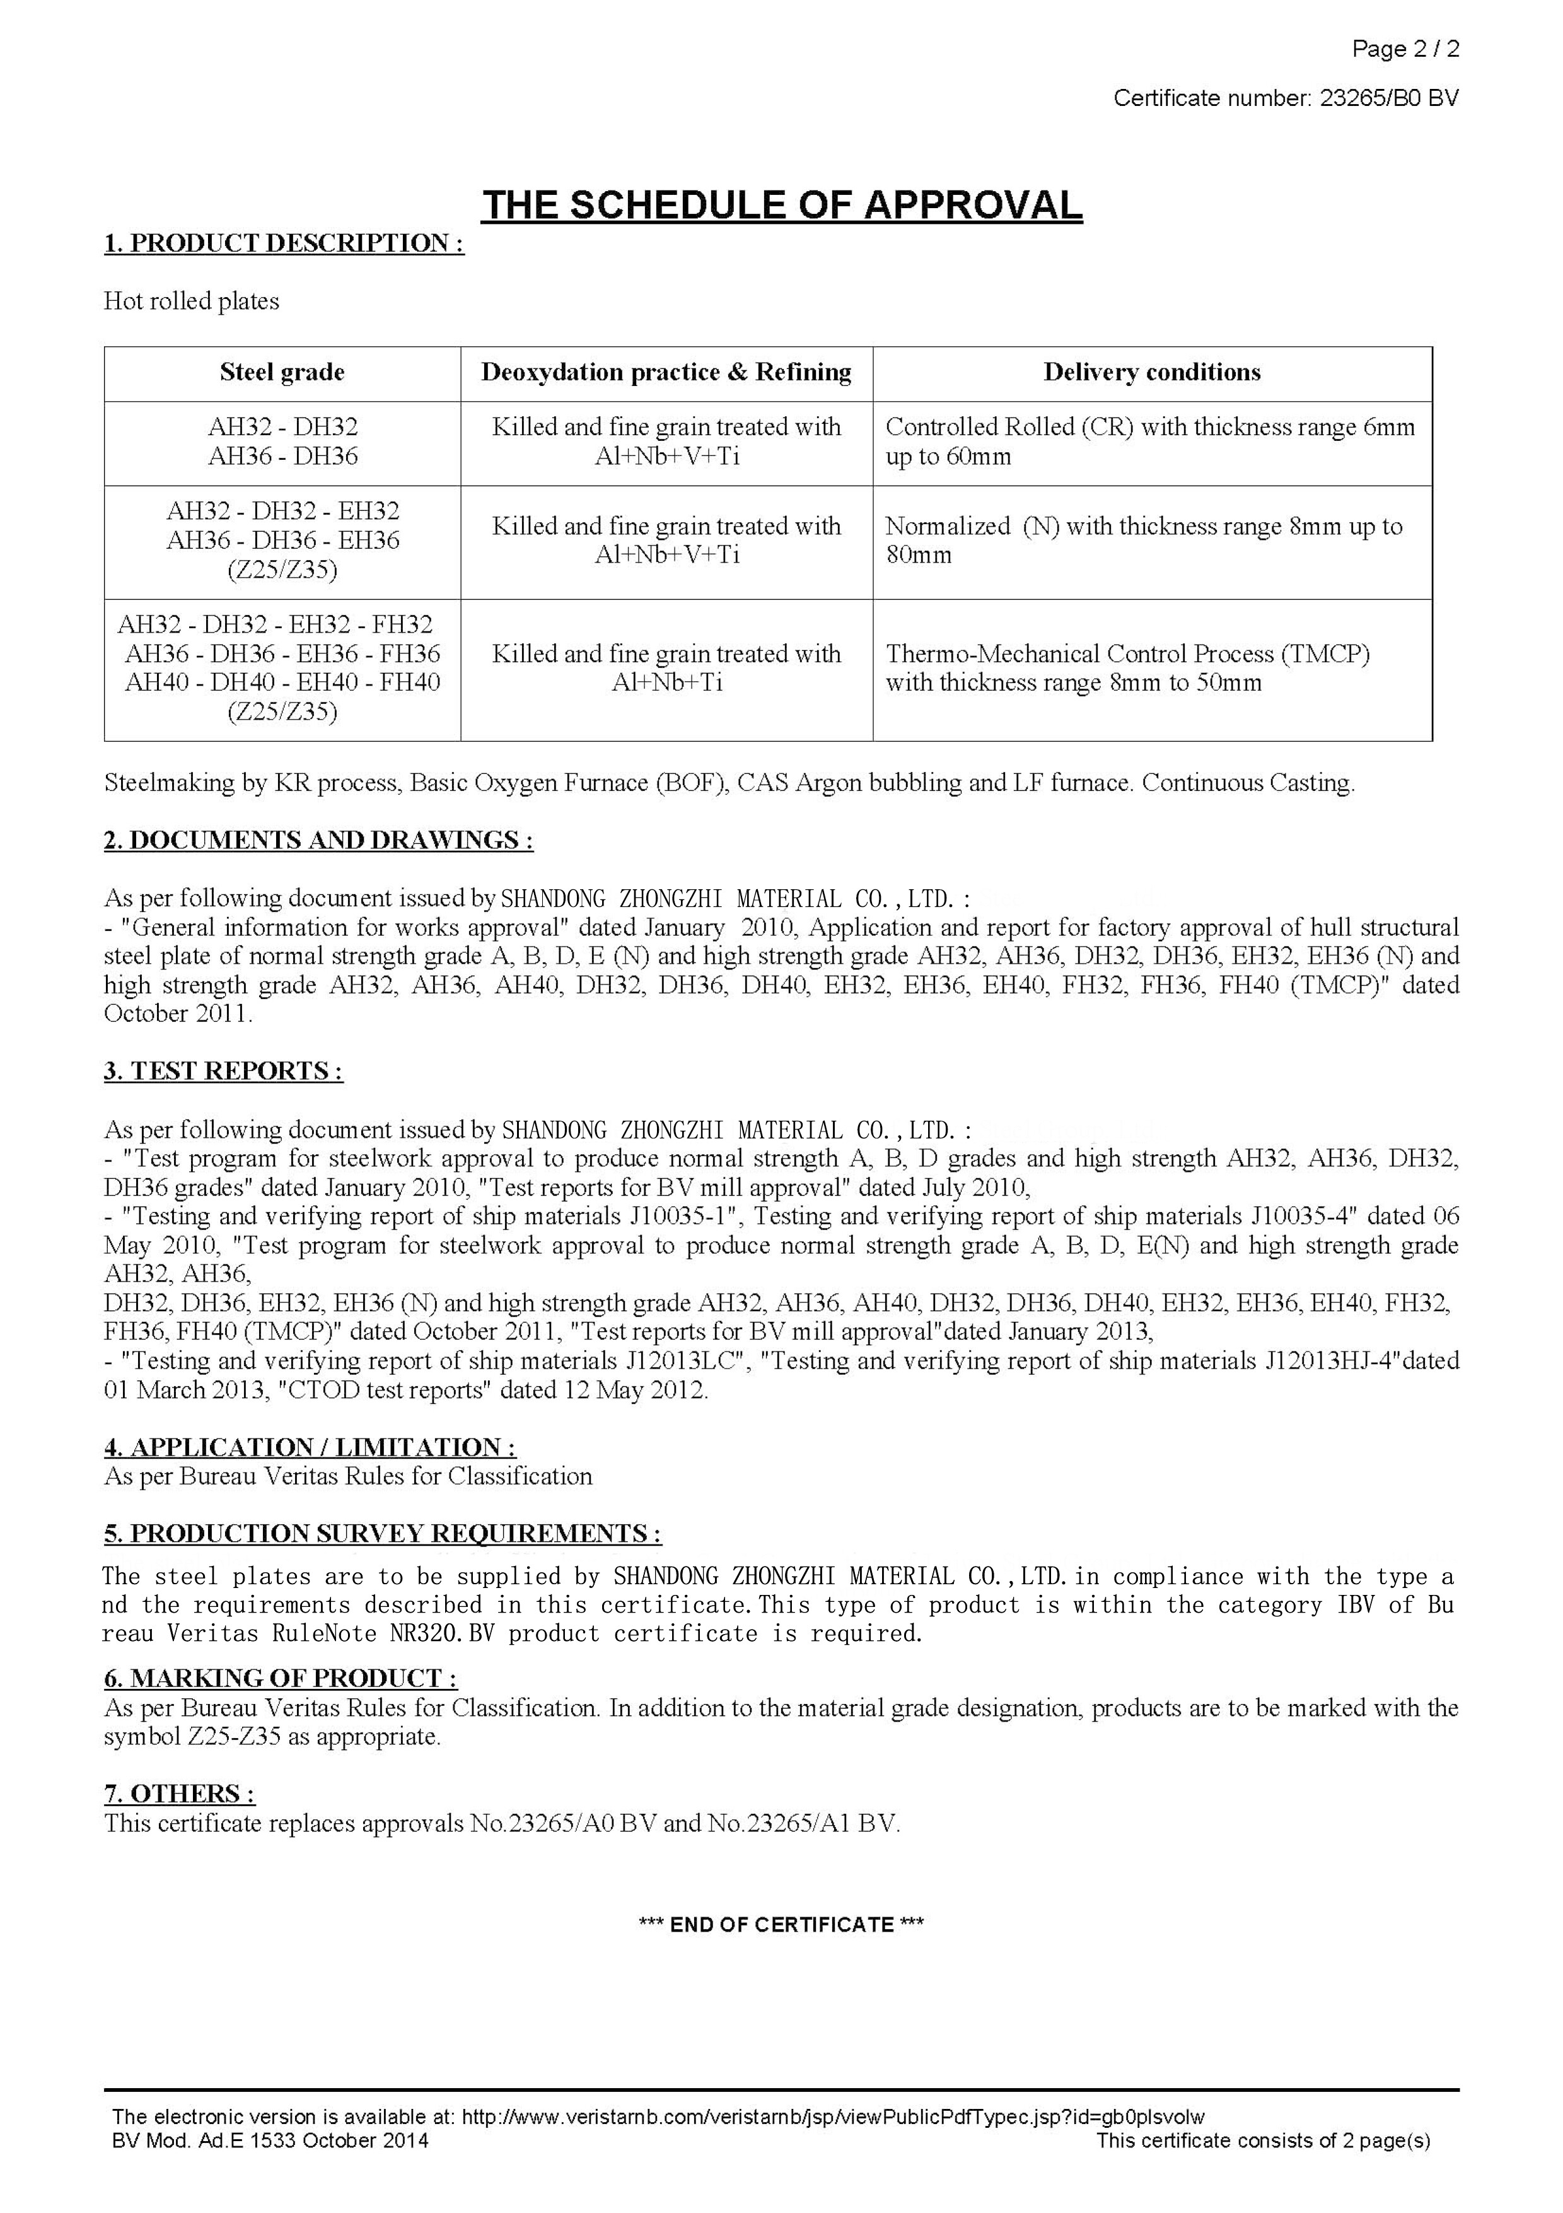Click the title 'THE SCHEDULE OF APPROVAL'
point(782,206)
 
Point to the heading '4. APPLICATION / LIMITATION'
point(310,1448)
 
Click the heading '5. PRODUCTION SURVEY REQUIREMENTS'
point(383,1534)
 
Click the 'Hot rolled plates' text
point(192,301)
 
